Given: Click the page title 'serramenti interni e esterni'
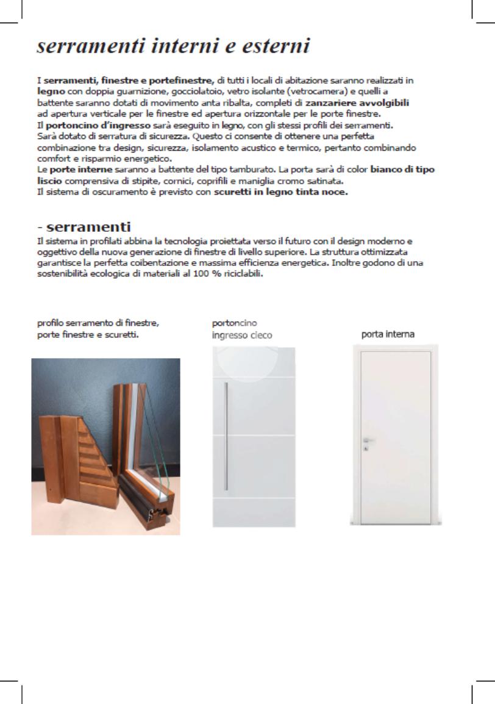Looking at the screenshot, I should coord(174,47).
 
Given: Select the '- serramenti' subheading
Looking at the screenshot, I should coord(84,228).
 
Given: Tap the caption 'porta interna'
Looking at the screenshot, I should coord(388,334).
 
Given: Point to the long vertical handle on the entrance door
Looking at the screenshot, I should coord(226,436).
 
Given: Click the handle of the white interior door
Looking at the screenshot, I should coord(368,439).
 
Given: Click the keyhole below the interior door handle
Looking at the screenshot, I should coord(366,448).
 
